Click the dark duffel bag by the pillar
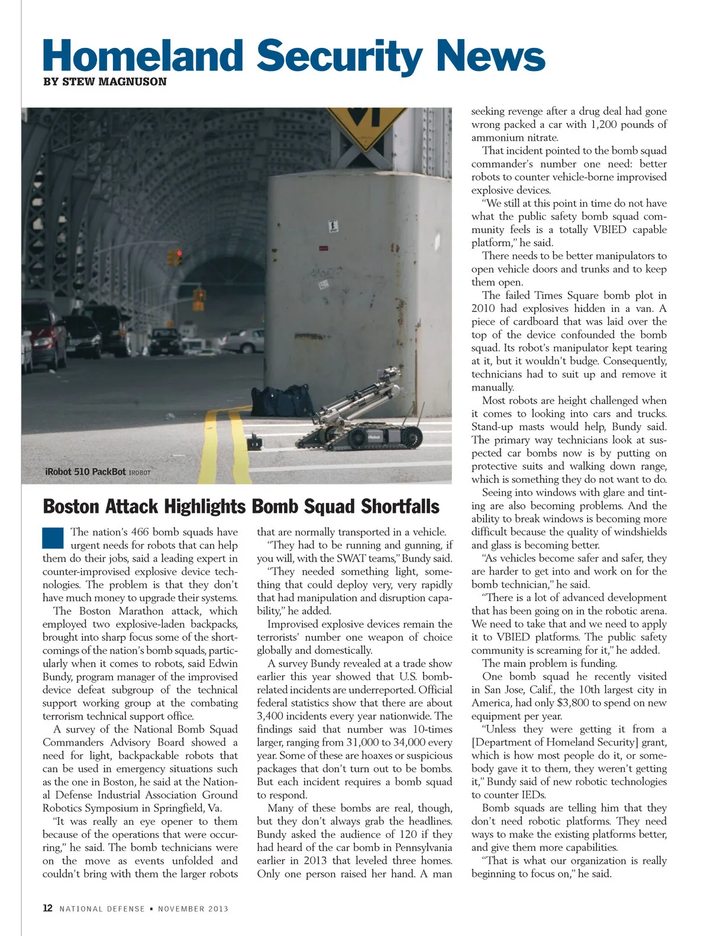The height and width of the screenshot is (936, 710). pos(282,400)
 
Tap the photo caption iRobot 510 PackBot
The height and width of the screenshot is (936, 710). pos(85,472)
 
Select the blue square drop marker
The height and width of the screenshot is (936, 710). pos(53,538)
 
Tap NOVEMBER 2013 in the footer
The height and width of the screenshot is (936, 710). pos(193,909)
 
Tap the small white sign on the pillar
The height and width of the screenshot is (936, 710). pos(333,226)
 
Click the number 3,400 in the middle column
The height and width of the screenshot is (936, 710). pos(272,716)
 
